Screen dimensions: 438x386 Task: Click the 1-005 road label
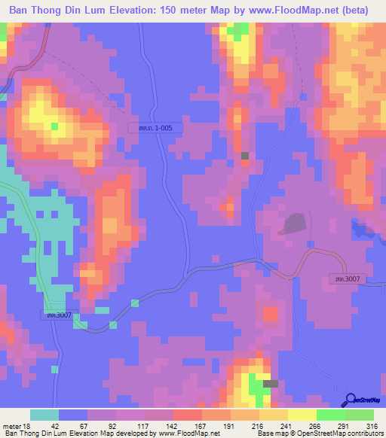155,129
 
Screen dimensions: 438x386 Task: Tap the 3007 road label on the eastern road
348,279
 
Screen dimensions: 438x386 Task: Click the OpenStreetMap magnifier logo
351,400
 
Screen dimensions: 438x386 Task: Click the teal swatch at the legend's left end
44,415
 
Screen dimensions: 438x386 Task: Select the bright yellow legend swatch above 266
302,415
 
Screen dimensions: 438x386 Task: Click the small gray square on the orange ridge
244,155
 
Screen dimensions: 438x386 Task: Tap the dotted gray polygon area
294,224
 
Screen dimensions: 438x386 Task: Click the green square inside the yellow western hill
54,126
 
